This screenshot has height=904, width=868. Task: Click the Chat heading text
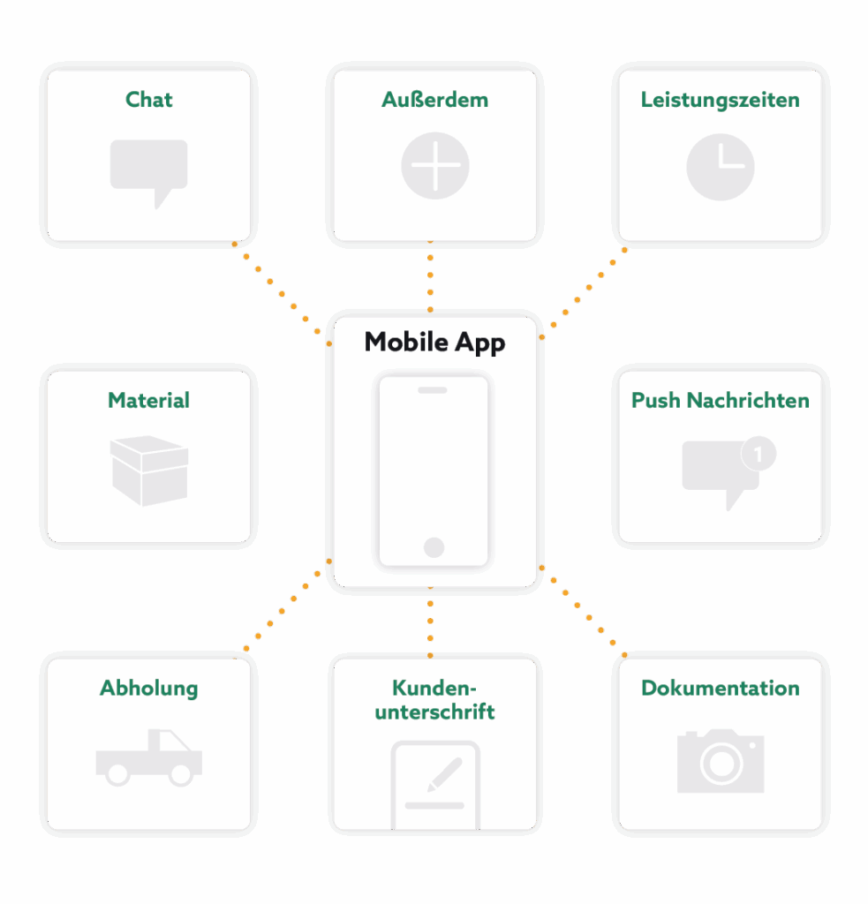tap(148, 100)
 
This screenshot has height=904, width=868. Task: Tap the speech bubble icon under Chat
tap(148, 168)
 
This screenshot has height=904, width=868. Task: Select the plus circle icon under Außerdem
tap(434, 166)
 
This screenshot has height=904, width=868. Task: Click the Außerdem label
tap(434, 100)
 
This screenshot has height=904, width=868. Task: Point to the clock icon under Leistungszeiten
tap(720, 166)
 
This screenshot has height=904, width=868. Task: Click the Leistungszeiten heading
tap(720, 100)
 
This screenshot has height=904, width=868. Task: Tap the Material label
tap(148, 401)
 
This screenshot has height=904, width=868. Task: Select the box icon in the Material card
tap(148, 471)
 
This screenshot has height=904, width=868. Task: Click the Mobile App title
tap(434, 343)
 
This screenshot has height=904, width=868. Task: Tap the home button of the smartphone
tap(434, 547)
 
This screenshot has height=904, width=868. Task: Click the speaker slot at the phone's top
tap(433, 389)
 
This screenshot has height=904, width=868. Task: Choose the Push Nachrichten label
tap(720, 401)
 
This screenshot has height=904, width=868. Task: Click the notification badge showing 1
tap(759, 455)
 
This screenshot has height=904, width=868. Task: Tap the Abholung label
tap(148, 689)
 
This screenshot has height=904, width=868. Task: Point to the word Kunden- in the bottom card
tap(434, 689)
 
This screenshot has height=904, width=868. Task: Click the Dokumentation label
tap(720, 689)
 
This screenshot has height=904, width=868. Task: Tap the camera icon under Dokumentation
tap(720, 761)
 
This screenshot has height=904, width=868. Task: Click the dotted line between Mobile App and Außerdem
tap(430, 279)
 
